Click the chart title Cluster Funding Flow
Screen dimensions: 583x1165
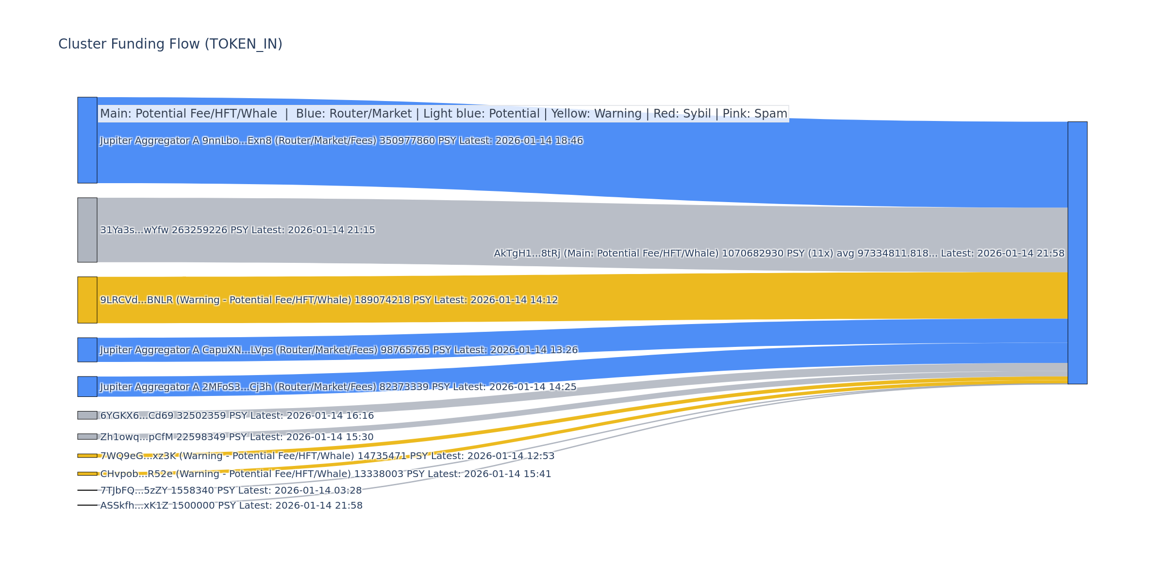tap(170, 44)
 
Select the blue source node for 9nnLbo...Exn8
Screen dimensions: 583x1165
tap(87, 140)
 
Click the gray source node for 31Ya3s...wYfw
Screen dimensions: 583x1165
tap(87, 230)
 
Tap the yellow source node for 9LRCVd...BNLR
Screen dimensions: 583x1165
tap(87, 300)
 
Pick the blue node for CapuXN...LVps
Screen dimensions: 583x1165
tap(87, 350)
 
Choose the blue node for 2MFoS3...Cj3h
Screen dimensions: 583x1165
tap(87, 387)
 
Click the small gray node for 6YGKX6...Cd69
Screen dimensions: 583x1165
tap(87, 415)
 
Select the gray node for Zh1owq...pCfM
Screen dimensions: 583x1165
tap(87, 437)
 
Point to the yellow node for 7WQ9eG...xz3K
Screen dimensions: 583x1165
tap(87, 456)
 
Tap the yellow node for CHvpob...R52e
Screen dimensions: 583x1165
tap(87, 474)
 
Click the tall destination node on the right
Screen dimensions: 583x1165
tap(1077, 253)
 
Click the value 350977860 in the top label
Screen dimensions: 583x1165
tap(407, 141)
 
